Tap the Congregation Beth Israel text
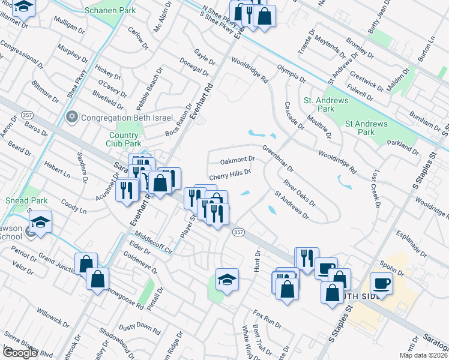(x=127, y=117)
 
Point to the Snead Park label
(x=22, y=200)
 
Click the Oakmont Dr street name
(x=238, y=160)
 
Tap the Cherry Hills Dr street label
(x=229, y=175)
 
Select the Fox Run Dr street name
(x=267, y=319)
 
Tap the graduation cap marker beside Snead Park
(x=41, y=221)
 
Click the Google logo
(x=19, y=353)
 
